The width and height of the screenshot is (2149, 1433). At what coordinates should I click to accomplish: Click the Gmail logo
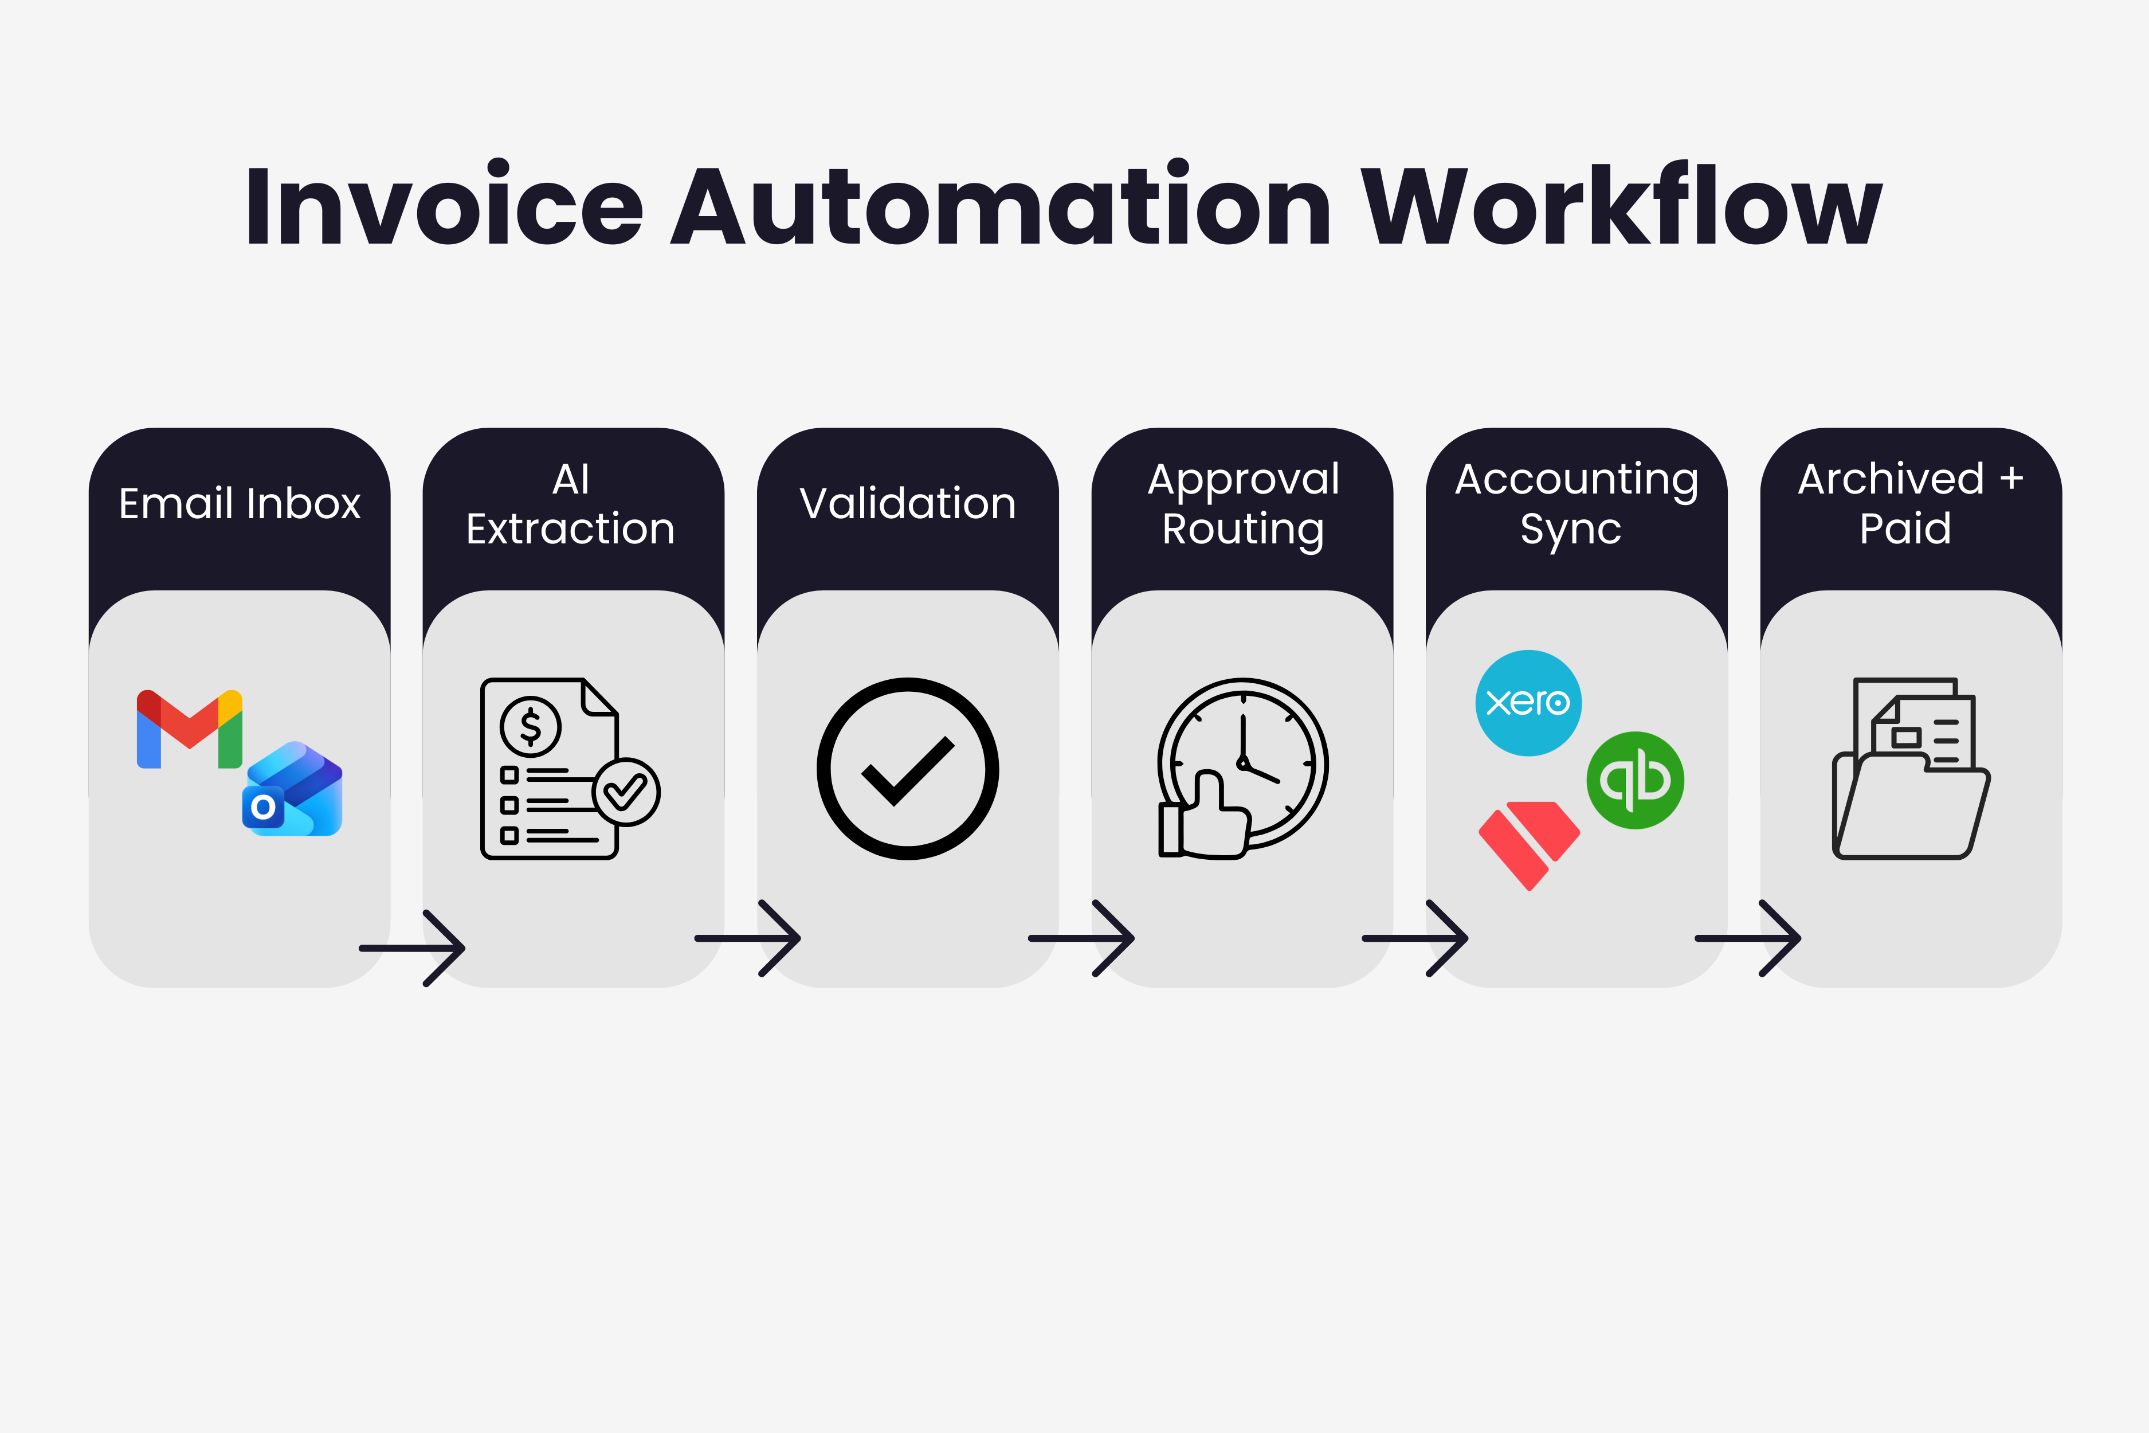pyautogui.click(x=189, y=729)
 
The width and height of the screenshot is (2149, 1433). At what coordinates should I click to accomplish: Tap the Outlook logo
pyautogui.click(x=292, y=790)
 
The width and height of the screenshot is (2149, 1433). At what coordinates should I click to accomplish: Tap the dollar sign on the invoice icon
pyautogui.click(x=530, y=727)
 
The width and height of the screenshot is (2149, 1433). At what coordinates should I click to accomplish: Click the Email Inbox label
pyautogui.click(x=240, y=504)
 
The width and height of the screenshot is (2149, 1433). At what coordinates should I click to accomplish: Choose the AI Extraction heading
pyautogui.click(x=570, y=504)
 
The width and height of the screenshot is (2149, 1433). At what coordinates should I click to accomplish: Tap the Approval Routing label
pyautogui.click(x=1242, y=504)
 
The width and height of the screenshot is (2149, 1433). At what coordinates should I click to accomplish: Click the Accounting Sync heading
pyautogui.click(x=1576, y=504)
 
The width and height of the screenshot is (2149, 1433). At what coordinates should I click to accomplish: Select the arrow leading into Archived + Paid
pyautogui.click(x=1748, y=938)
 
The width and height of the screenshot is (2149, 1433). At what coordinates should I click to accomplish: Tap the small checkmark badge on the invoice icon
pyautogui.click(x=626, y=792)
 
